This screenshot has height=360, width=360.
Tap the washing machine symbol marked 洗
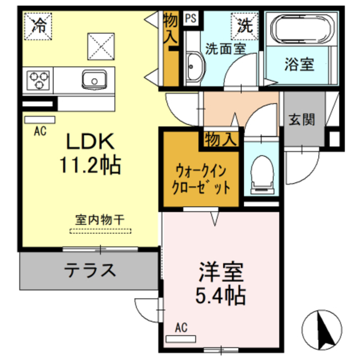point(244,25)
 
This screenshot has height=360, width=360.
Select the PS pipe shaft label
point(191,19)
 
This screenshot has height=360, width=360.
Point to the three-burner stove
point(38,79)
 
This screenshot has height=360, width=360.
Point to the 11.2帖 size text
point(90,165)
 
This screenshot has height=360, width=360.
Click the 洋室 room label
point(220,272)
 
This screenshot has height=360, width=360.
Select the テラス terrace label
point(90,271)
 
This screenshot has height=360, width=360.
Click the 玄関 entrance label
point(302,119)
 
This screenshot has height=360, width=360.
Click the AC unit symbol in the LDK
point(39,120)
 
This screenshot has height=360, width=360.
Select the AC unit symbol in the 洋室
point(181,338)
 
